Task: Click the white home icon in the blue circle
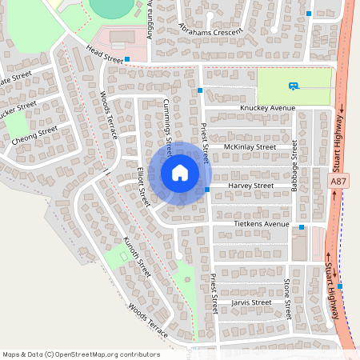coord(180,172)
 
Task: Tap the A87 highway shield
coord(338,182)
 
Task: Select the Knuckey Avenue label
coord(268,108)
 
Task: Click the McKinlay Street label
coord(250,147)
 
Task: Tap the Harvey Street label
coord(251,186)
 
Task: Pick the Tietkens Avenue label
coord(262,225)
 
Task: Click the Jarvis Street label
coord(251,302)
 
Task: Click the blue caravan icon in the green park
coord(294,86)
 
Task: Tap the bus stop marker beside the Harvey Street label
coord(207,190)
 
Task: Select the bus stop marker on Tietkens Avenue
coord(302,228)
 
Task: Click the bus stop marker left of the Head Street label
coord(127,58)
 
